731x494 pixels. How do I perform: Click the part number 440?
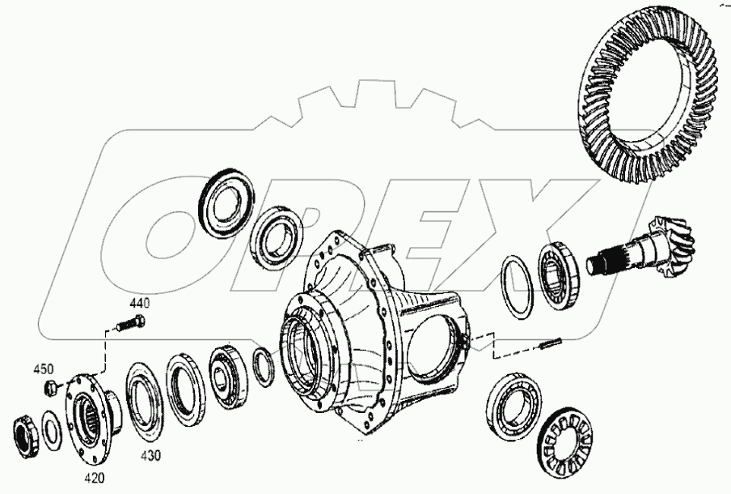[x=140, y=303]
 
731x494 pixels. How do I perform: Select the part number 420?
[x=95, y=478]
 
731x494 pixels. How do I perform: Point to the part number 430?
[x=150, y=455]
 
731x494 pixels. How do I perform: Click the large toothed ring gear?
[x=650, y=105]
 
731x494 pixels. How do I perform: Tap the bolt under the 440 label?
[x=129, y=326]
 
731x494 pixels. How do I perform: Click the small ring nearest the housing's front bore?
[x=263, y=364]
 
